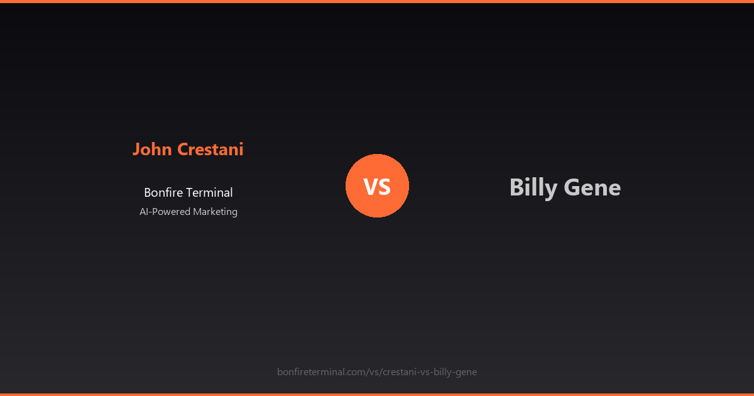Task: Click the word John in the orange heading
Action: tap(153, 150)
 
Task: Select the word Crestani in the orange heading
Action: tap(210, 150)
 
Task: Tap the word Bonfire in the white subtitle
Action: tap(162, 193)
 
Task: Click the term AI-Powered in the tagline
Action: tap(165, 212)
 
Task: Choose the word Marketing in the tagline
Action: tap(215, 212)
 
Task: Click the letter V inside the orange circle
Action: tap(370, 187)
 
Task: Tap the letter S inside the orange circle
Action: tap(385, 187)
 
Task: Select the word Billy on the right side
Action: tap(533, 187)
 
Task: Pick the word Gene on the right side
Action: tap(593, 187)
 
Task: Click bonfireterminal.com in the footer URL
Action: tap(320, 372)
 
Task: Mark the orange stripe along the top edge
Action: tap(377, 1)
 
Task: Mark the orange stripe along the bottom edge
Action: tap(377, 394)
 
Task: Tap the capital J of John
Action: tap(136, 150)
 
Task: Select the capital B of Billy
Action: tap(516, 187)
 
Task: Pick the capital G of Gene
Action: tap(572, 187)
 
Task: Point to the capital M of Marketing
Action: tap(197, 212)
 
